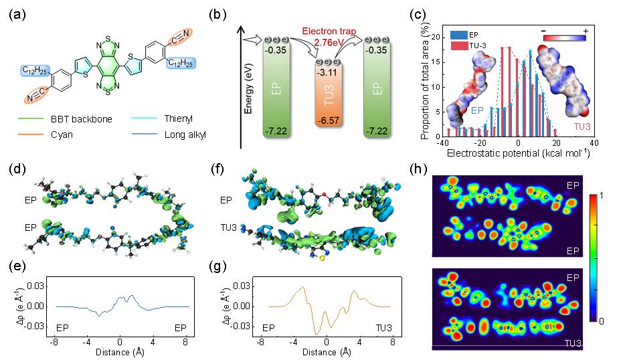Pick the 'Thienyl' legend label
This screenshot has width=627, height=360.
[x=179, y=118]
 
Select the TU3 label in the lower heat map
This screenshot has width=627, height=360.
[x=573, y=342]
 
